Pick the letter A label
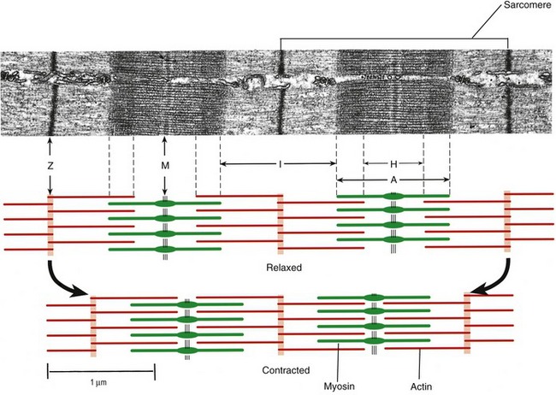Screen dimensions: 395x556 pos(393,180)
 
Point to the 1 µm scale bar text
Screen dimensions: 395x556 pos(100,382)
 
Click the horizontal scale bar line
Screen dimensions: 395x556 pos(100,368)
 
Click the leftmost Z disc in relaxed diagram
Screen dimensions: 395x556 pos(50,224)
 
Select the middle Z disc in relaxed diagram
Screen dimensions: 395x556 pos(281,223)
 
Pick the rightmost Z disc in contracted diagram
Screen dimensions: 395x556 pos(467,323)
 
